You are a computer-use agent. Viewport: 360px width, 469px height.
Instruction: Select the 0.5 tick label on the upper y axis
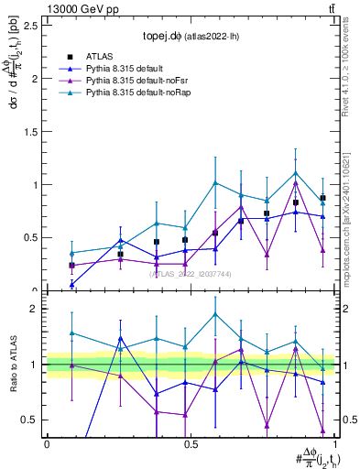click(x=27, y=237)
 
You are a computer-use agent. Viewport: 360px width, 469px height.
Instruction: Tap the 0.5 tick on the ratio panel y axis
click(x=27, y=420)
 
